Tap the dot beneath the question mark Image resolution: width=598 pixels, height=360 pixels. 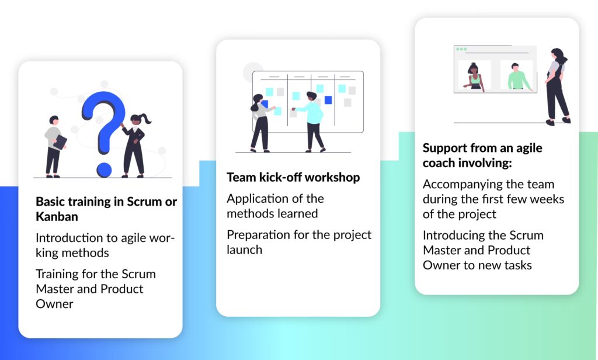tap(104, 169)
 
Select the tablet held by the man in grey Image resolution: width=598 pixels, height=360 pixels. tap(60, 143)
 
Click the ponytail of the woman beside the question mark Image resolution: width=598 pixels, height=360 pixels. tap(145, 119)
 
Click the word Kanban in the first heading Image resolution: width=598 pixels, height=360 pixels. tap(57, 216)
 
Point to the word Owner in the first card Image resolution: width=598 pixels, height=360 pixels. tap(54, 304)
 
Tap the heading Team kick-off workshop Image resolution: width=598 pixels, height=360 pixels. tap(293, 178)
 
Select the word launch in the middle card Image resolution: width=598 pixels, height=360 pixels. tap(245, 250)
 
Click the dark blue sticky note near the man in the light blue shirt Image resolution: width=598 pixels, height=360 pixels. tap(328, 100)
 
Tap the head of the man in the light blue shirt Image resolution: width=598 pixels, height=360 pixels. tap(312, 97)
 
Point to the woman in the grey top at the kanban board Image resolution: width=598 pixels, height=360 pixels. tap(260, 123)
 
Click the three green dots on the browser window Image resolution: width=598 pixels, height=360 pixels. tap(461, 49)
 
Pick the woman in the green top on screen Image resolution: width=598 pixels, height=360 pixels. tap(474, 77)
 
